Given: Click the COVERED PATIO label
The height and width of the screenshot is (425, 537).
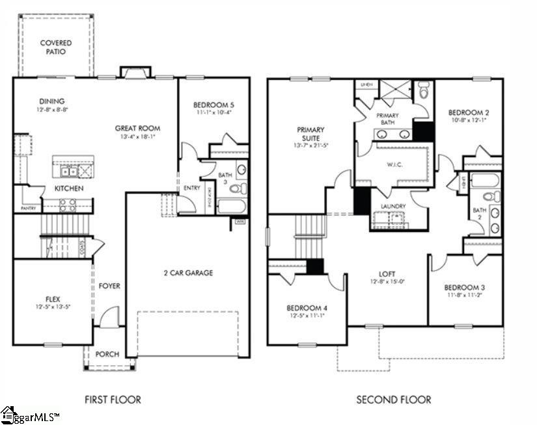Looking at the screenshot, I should [56, 47].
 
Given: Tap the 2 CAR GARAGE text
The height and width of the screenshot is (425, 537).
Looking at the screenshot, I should [187, 273].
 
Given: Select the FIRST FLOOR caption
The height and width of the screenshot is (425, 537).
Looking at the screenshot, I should [113, 399].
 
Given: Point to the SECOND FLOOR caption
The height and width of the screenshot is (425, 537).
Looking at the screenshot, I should [393, 399].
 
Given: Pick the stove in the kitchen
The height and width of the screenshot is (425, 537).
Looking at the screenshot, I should [68, 205].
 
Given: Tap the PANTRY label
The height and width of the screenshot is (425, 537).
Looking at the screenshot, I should [27, 208].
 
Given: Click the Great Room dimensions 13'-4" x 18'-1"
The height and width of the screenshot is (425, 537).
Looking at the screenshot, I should [137, 137].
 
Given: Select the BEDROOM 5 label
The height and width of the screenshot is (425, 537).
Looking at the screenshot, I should [213, 105].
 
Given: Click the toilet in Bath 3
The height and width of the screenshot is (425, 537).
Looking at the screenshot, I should [240, 189].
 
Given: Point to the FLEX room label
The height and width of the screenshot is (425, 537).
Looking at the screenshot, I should [52, 299].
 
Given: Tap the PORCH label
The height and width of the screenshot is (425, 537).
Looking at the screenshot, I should [107, 354].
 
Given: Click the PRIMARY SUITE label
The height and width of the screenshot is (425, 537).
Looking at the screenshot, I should [310, 134].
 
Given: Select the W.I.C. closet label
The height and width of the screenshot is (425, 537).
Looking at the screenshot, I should [394, 165].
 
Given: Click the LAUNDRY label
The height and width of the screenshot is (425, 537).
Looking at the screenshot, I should [392, 207].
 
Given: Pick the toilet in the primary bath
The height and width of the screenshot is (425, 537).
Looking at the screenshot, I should [424, 90].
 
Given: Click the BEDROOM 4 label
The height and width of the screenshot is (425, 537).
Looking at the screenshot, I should [307, 307].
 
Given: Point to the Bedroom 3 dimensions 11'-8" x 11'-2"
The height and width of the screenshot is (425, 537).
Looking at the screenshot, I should [464, 294].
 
